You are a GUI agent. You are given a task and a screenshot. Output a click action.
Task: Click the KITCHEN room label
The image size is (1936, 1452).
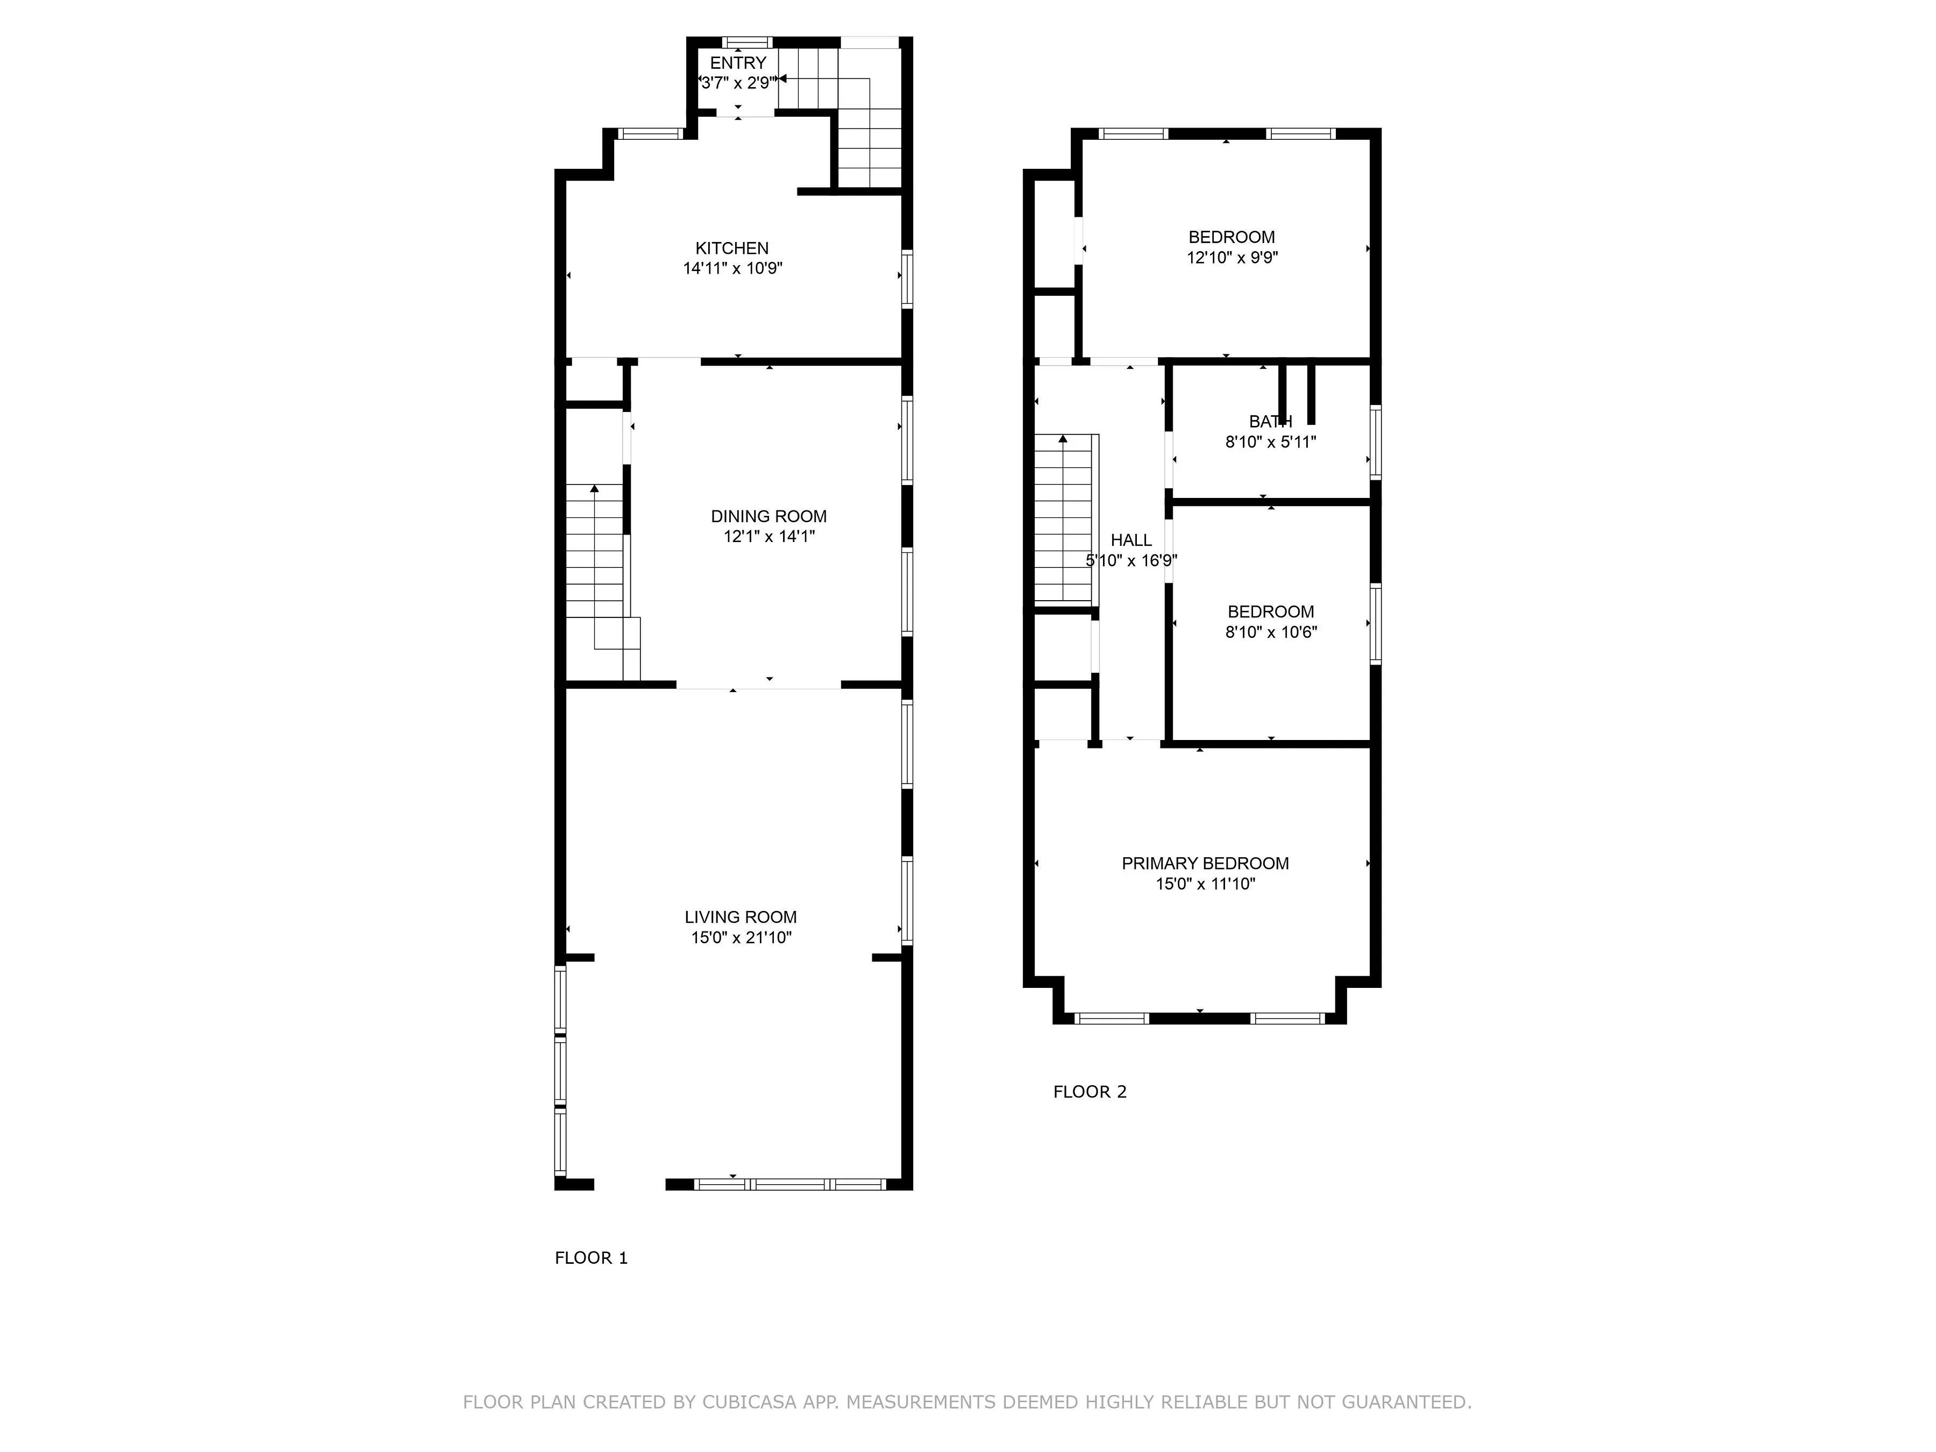pos(732,248)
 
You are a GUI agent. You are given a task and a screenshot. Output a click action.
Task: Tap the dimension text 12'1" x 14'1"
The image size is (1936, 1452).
pos(768,537)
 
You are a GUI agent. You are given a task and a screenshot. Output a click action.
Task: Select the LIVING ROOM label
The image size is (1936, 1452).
pos(741,917)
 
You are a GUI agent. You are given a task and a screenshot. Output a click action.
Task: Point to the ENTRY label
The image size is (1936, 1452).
pos(738,63)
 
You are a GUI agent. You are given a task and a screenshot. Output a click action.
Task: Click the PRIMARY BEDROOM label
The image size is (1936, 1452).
pos(1205,864)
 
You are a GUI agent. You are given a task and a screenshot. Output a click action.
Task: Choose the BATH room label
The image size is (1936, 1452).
pos(1270,422)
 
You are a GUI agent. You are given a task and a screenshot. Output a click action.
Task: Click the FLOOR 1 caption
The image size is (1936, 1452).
pos(591,1258)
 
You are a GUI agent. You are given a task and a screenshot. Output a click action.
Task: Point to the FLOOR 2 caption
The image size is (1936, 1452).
pos(1090,1091)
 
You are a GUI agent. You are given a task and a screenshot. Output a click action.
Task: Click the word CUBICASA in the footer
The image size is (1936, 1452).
pos(749,1402)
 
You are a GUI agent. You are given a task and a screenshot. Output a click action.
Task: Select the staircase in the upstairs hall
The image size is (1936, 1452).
pos(1063,521)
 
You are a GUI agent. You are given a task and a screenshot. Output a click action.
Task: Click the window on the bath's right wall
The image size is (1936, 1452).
pos(1375,442)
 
